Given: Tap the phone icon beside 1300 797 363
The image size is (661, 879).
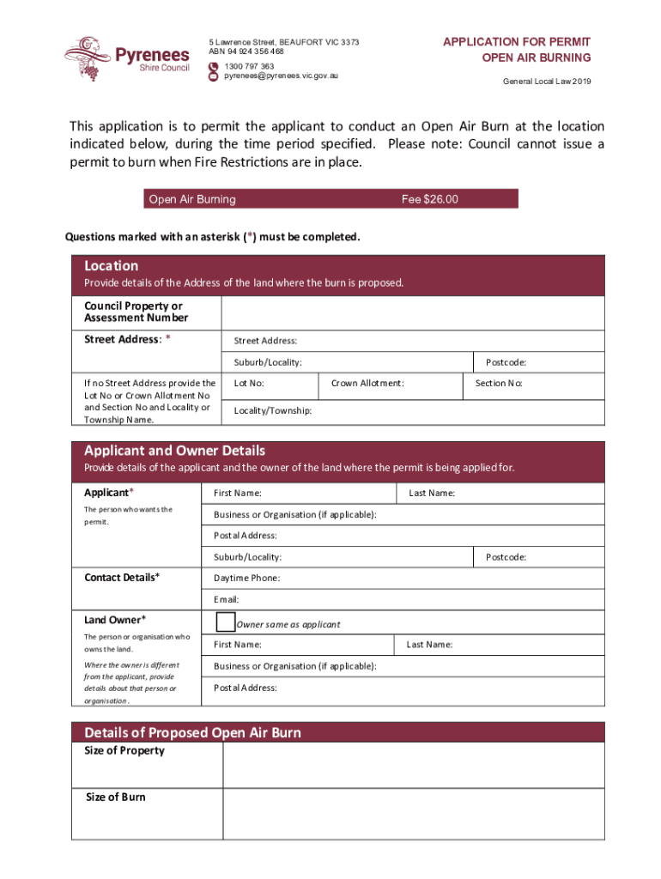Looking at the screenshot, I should (x=214, y=66).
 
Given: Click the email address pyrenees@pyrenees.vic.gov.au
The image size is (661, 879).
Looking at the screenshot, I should (x=282, y=76).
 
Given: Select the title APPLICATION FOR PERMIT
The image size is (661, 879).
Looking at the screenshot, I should (x=517, y=41).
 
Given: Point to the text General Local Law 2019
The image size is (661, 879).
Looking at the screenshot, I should (x=547, y=82).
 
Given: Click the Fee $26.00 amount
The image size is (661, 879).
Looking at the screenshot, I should (x=430, y=200).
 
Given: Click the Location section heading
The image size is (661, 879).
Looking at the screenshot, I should (x=112, y=266).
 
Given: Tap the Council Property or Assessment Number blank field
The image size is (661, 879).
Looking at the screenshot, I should (x=412, y=312).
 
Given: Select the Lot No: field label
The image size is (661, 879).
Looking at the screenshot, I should (x=249, y=384).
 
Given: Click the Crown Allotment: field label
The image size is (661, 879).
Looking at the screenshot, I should (x=367, y=384).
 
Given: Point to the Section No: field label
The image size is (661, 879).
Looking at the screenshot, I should (x=499, y=384).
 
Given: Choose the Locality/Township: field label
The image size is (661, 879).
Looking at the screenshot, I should (x=273, y=411).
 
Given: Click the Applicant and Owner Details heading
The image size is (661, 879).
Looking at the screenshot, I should (x=174, y=451).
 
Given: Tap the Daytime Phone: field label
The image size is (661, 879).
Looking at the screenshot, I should (x=246, y=579).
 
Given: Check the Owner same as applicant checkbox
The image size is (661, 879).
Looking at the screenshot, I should (x=225, y=621).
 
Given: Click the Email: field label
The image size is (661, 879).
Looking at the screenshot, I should (x=226, y=600).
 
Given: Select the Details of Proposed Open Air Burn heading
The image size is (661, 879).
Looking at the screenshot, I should (x=192, y=733).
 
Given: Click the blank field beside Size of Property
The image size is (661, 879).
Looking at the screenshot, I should (x=412, y=764).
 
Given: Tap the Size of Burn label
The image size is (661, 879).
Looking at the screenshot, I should (x=116, y=797).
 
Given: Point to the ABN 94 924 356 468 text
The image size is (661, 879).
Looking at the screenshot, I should (x=246, y=52).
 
